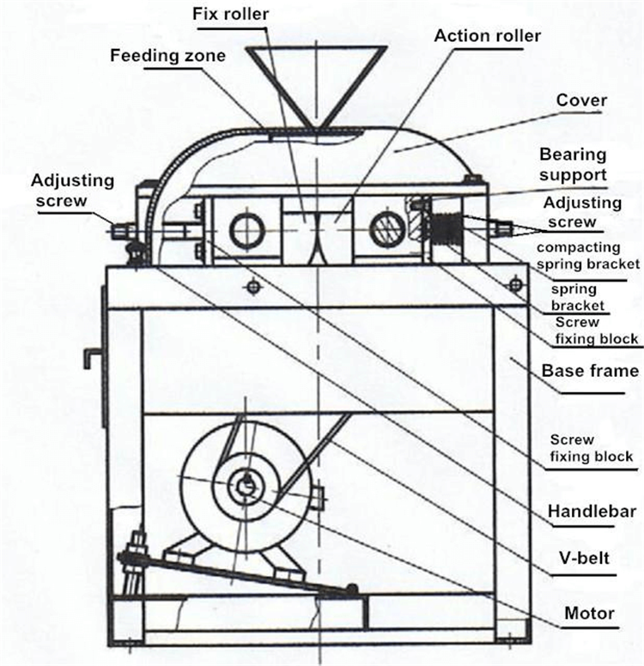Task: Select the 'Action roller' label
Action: pos(488,37)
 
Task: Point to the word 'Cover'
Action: pos(581,101)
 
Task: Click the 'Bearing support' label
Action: pos(573,165)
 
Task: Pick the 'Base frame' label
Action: pos(590,371)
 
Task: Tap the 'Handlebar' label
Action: pos(592,512)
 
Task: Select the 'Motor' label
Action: pos(589,613)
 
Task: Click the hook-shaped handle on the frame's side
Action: pos(91,354)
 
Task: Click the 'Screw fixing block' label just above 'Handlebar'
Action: pos(592,448)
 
